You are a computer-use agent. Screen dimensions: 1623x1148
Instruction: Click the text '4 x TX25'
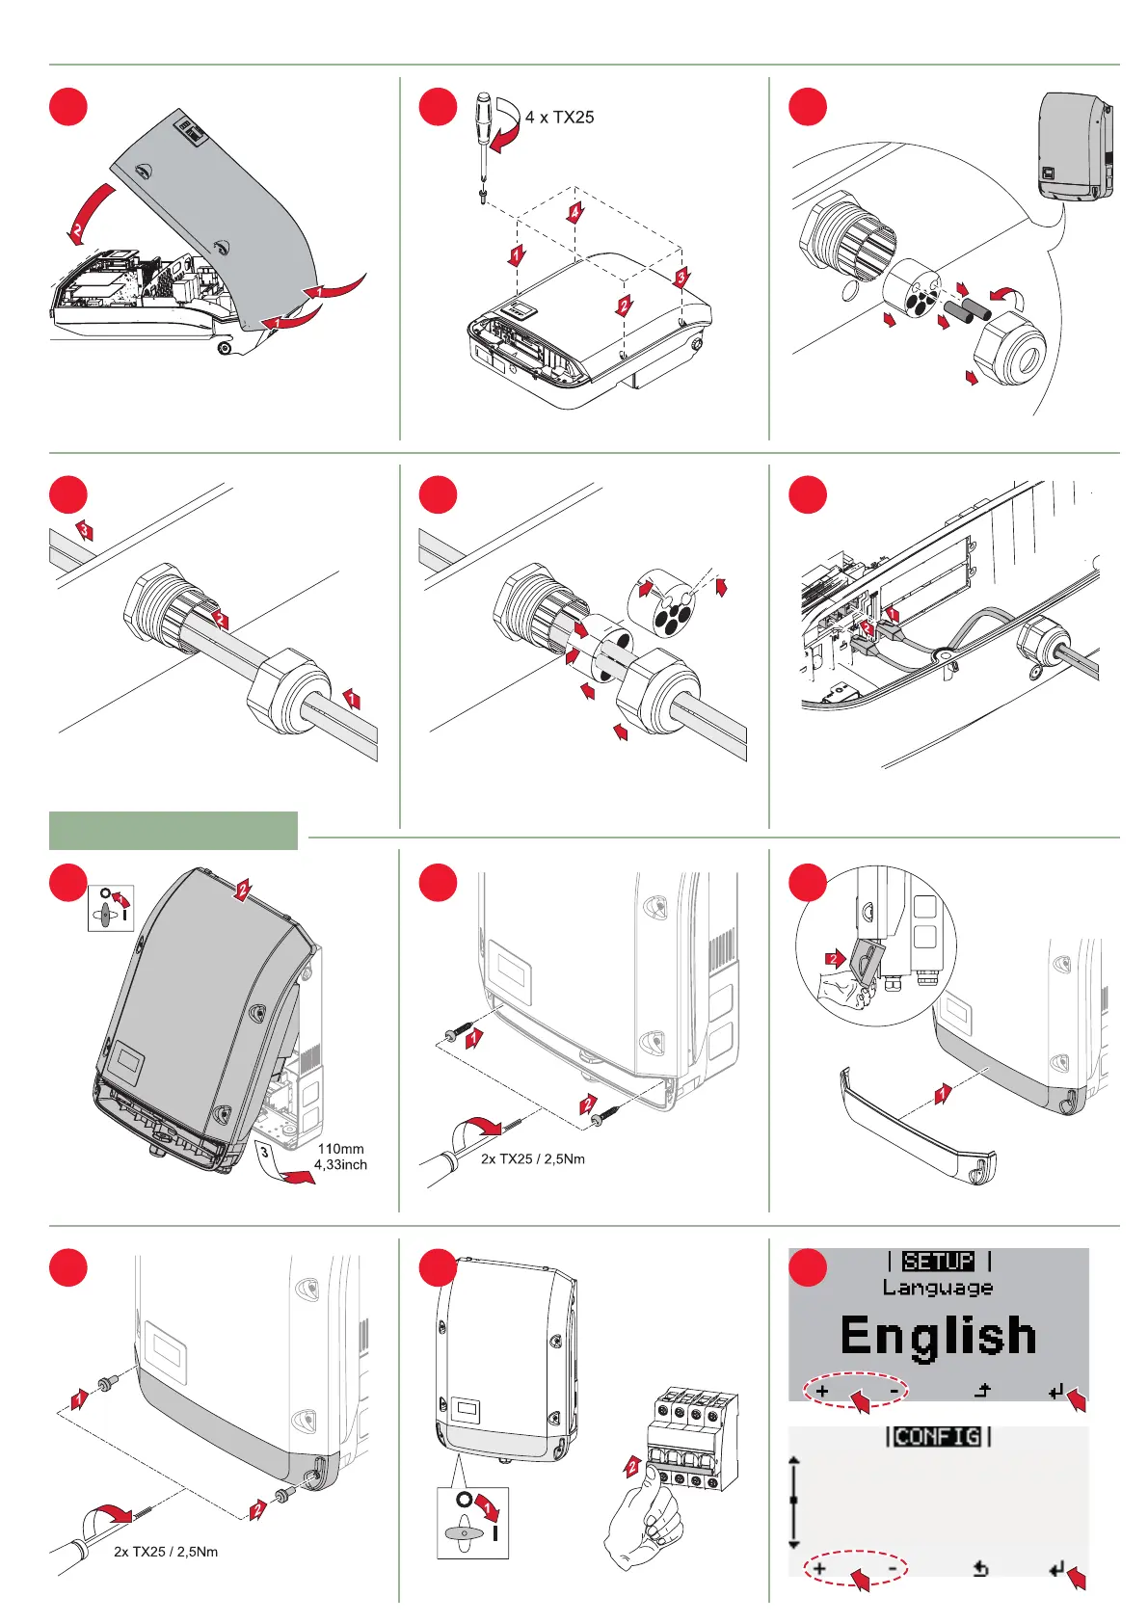tap(559, 118)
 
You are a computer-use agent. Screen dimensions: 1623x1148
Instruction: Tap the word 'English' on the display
tap(938, 1336)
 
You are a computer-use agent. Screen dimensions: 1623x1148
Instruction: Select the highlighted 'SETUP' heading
tap(938, 1262)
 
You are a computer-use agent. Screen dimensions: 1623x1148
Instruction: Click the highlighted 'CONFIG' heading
tap(938, 1437)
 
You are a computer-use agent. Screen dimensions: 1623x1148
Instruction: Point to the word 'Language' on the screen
tap(937, 1288)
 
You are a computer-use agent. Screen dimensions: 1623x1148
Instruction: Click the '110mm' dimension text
tap(340, 1149)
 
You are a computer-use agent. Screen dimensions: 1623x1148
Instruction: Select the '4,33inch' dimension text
tap(340, 1164)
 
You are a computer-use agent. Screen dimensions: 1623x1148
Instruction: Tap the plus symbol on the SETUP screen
tap(822, 1392)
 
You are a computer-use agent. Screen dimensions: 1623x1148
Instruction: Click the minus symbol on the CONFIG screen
tap(894, 1569)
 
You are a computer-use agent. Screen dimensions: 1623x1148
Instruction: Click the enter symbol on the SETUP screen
tap(1057, 1392)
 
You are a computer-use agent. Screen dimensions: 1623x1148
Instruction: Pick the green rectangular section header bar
tap(174, 831)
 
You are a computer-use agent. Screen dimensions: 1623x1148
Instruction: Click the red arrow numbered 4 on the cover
tap(574, 213)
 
